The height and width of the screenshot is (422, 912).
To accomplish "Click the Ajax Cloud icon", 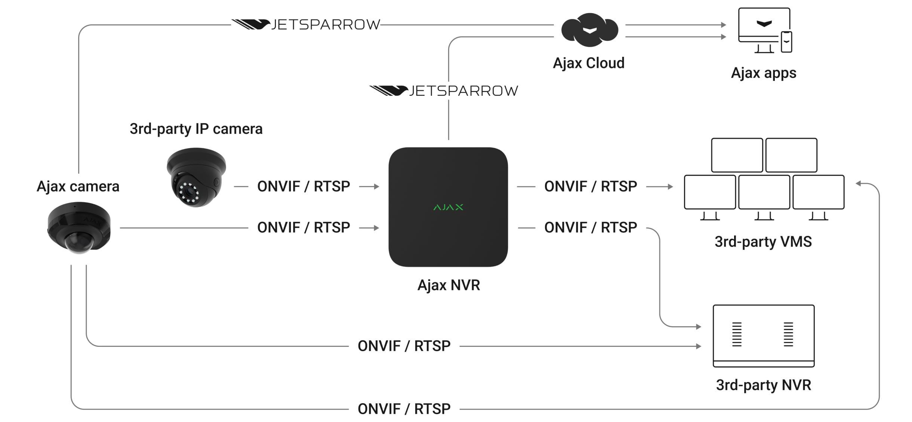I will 589,30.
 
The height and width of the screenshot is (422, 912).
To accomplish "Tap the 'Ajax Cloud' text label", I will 588,63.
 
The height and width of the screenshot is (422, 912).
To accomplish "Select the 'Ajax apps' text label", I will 763,73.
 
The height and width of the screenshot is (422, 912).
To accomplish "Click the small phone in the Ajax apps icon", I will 786,42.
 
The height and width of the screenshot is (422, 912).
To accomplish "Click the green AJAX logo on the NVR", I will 448,207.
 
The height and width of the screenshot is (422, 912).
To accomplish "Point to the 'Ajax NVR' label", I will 448,285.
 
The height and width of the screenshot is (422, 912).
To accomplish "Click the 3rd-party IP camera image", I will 196,177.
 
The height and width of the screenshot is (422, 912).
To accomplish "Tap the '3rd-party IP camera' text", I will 196,129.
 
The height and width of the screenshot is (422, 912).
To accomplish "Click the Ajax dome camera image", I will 79,227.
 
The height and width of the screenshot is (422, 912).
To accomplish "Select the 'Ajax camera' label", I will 78,186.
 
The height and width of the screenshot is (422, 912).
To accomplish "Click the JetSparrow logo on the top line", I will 306,25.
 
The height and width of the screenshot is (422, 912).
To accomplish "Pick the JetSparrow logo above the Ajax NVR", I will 444,91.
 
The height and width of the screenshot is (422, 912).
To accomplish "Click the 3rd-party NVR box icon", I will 763,336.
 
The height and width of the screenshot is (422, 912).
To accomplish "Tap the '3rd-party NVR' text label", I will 763,385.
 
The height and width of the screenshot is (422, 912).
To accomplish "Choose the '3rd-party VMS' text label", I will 763,242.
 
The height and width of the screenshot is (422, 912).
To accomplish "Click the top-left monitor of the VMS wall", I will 737,155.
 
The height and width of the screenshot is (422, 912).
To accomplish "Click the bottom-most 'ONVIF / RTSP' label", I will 404,409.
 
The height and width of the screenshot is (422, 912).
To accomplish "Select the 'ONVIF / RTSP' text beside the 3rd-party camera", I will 304,186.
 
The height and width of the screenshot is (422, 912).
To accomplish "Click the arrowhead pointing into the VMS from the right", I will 859,183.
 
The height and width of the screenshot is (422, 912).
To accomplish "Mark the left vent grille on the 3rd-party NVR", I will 737,334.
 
